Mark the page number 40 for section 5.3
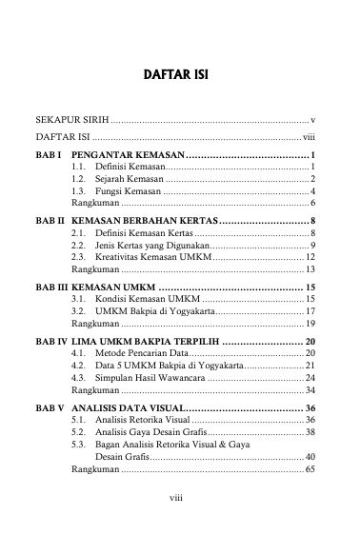coord(310,458)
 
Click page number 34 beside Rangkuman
coord(310,391)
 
